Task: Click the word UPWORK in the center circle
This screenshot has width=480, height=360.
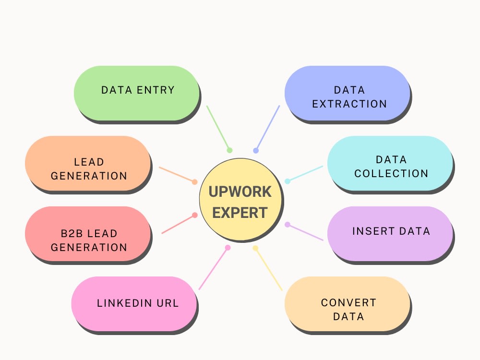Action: click(x=240, y=192)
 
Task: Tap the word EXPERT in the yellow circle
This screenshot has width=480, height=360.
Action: click(x=240, y=212)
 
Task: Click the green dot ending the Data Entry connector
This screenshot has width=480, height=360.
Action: click(x=229, y=150)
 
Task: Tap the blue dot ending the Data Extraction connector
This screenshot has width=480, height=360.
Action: click(x=256, y=151)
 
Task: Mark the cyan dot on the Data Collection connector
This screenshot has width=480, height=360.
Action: click(x=288, y=181)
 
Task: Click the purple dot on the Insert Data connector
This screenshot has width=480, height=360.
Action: click(x=288, y=224)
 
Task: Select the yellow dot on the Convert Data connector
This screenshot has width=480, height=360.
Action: click(x=255, y=248)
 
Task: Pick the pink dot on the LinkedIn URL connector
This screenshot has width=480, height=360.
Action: click(x=228, y=248)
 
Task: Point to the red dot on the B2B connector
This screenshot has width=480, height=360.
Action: click(x=194, y=215)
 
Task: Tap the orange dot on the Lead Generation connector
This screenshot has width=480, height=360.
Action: click(x=194, y=182)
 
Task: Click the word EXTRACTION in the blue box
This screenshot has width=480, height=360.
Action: click(x=349, y=104)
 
